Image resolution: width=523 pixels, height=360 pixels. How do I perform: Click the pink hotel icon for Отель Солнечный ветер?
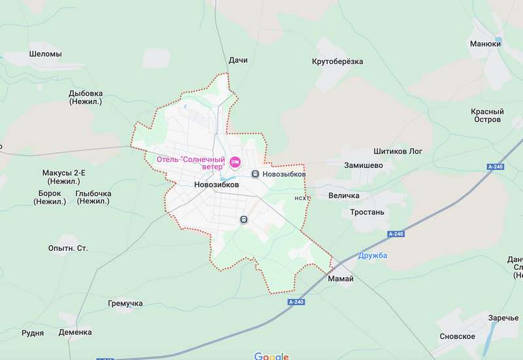(x=235, y=161)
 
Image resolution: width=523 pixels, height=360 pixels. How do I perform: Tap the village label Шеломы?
(x=46, y=54)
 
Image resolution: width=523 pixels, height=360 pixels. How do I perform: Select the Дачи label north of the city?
(x=238, y=61)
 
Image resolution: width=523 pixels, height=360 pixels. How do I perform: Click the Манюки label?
(x=485, y=44)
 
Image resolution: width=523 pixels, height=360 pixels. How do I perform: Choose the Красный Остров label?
(x=487, y=116)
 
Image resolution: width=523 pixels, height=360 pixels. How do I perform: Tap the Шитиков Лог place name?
(x=397, y=152)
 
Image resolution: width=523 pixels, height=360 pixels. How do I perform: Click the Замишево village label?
(x=363, y=166)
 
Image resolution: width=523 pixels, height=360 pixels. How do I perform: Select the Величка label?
(x=343, y=196)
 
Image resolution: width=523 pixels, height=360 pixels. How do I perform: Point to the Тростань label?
(x=367, y=212)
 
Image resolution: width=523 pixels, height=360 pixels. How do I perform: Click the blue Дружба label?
(x=373, y=255)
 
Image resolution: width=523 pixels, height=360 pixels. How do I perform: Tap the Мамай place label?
(x=341, y=279)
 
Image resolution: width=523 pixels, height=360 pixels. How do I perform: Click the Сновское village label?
(x=457, y=336)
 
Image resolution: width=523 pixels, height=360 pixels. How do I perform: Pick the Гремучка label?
(x=125, y=304)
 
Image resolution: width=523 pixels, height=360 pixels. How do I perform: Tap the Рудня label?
(x=33, y=333)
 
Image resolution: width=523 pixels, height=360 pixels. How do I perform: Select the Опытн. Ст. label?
(x=68, y=248)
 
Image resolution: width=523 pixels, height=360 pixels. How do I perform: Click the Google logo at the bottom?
(x=271, y=356)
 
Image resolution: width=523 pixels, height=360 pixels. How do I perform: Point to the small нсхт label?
(x=301, y=198)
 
